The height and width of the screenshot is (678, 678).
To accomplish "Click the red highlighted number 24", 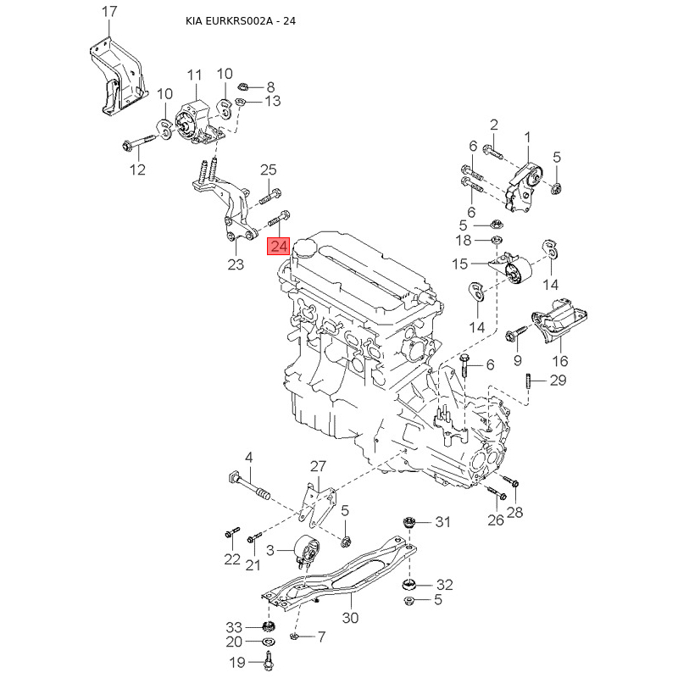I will tap(279, 246).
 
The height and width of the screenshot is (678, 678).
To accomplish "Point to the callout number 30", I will tap(349, 618).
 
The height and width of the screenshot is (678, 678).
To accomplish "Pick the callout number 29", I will tap(558, 380).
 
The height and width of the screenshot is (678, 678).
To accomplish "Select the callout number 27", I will tap(317, 466).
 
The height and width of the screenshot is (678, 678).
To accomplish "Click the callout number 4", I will tap(249, 458).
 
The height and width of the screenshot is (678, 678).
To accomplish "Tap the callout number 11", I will tap(195, 75).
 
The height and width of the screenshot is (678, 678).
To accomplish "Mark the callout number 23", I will tap(236, 264).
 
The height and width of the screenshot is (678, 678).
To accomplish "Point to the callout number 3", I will tap(271, 551).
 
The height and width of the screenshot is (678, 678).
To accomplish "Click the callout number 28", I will tap(515, 511).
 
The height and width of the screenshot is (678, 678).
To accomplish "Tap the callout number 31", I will tap(443, 522).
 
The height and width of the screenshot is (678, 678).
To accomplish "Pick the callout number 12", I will tap(137, 169).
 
